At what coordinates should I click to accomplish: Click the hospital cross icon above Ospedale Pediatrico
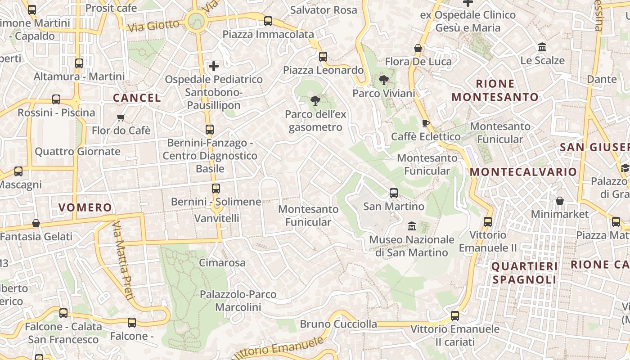pyautogui.click(x=214, y=67)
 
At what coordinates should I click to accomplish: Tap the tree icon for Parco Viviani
pyautogui.click(x=384, y=81)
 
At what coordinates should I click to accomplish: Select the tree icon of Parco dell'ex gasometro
pyautogui.click(x=315, y=101)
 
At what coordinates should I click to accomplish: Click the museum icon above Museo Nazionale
pyautogui.click(x=411, y=226)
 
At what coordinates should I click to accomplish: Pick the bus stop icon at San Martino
pyautogui.click(x=394, y=193)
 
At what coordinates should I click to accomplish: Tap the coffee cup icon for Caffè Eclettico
pyautogui.click(x=426, y=123)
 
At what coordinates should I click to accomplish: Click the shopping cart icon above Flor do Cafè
pyautogui.click(x=121, y=118)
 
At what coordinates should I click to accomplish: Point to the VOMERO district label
pyautogui.click(x=85, y=207)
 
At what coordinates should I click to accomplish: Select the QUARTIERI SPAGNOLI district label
pyautogui.click(x=524, y=273)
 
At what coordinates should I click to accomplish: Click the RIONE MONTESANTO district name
pyautogui.click(x=495, y=90)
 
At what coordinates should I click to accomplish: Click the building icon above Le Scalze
pyautogui.click(x=542, y=47)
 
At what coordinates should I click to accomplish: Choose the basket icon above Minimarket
pyautogui.click(x=560, y=201)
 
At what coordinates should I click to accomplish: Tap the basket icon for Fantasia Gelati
pyautogui.click(x=36, y=223)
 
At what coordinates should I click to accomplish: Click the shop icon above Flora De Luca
pyautogui.click(x=418, y=48)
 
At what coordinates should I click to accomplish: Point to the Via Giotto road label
pyautogui.click(x=153, y=26)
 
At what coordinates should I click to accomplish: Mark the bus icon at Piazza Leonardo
pyautogui.click(x=323, y=57)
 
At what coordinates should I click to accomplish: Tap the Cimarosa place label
pyautogui.click(x=222, y=262)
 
